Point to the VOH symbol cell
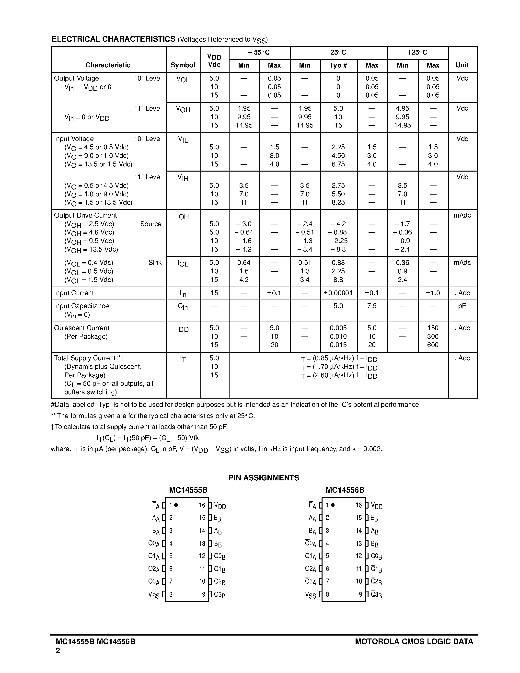coord(183,109)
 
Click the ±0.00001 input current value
coord(338,293)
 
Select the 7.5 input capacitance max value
coord(371,306)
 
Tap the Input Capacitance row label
coord(81,306)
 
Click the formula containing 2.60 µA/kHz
coord(338,376)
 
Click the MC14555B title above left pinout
coord(188,490)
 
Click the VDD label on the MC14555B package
coord(220,506)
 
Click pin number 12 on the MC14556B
coord(358,556)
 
